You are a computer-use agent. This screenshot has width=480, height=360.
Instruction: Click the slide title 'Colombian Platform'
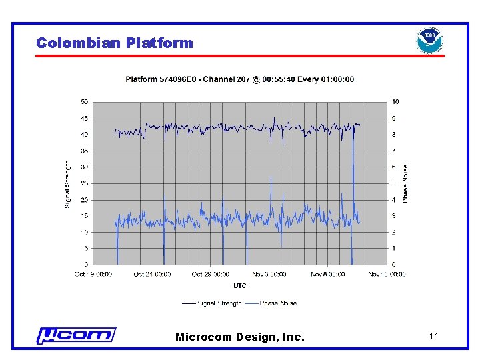coord(114,43)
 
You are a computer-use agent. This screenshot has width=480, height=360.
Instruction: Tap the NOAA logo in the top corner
coord(429,41)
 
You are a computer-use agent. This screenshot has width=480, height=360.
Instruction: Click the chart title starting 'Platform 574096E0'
coord(240,79)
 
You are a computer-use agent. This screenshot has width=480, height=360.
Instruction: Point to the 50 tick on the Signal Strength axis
coord(85,102)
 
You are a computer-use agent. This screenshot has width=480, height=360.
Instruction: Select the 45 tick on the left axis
coord(85,119)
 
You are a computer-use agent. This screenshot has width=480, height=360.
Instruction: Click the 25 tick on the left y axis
coord(85,183)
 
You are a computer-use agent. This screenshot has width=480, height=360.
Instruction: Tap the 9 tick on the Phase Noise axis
coord(395,119)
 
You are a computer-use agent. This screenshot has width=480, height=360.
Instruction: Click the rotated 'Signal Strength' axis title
coord(67,183)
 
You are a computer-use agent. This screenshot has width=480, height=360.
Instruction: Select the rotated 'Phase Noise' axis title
coord(405,184)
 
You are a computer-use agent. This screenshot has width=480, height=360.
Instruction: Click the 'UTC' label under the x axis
coord(240,286)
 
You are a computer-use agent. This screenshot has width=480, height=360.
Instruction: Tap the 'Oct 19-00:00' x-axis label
coord(93,274)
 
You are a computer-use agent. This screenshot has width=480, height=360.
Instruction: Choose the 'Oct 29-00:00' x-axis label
coord(211,274)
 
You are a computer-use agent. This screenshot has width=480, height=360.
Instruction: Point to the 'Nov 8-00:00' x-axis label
coord(329,274)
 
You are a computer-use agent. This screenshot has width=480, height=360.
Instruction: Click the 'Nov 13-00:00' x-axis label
coord(387,274)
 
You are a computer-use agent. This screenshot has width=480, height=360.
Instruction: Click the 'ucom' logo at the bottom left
coord(76,335)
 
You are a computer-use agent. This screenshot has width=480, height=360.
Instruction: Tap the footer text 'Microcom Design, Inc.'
coord(239,337)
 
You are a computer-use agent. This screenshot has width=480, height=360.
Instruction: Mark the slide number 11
coord(434,336)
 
